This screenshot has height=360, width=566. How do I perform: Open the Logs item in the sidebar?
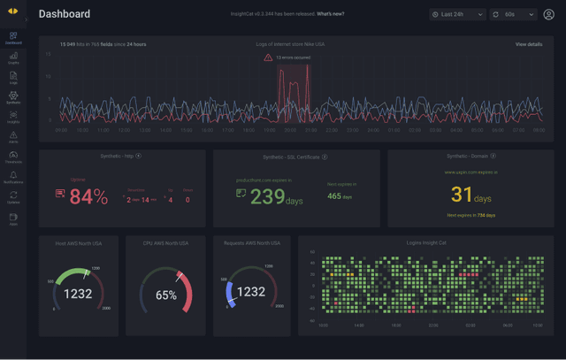click(x=13, y=77)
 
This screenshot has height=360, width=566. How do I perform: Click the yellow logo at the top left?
click(x=12, y=12)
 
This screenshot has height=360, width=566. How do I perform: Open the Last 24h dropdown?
click(x=457, y=14)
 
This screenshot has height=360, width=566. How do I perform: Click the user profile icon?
click(x=548, y=14)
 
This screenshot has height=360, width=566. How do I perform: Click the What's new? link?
click(x=332, y=14)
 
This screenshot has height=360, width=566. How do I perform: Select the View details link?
click(x=529, y=44)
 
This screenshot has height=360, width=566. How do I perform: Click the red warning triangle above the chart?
click(x=268, y=57)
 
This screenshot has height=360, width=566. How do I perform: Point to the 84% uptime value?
click(x=88, y=197)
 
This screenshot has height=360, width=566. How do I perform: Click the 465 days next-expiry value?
click(x=340, y=196)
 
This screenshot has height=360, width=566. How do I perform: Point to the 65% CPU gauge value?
click(x=165, y=295)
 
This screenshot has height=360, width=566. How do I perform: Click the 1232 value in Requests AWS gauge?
click(x=251, y=291)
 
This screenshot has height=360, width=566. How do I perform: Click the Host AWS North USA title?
click(x=79, y=242)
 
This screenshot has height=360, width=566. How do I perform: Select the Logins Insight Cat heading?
click(x=426, y=242)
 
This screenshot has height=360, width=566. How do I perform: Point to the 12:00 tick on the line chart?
click(x=125, y=130)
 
